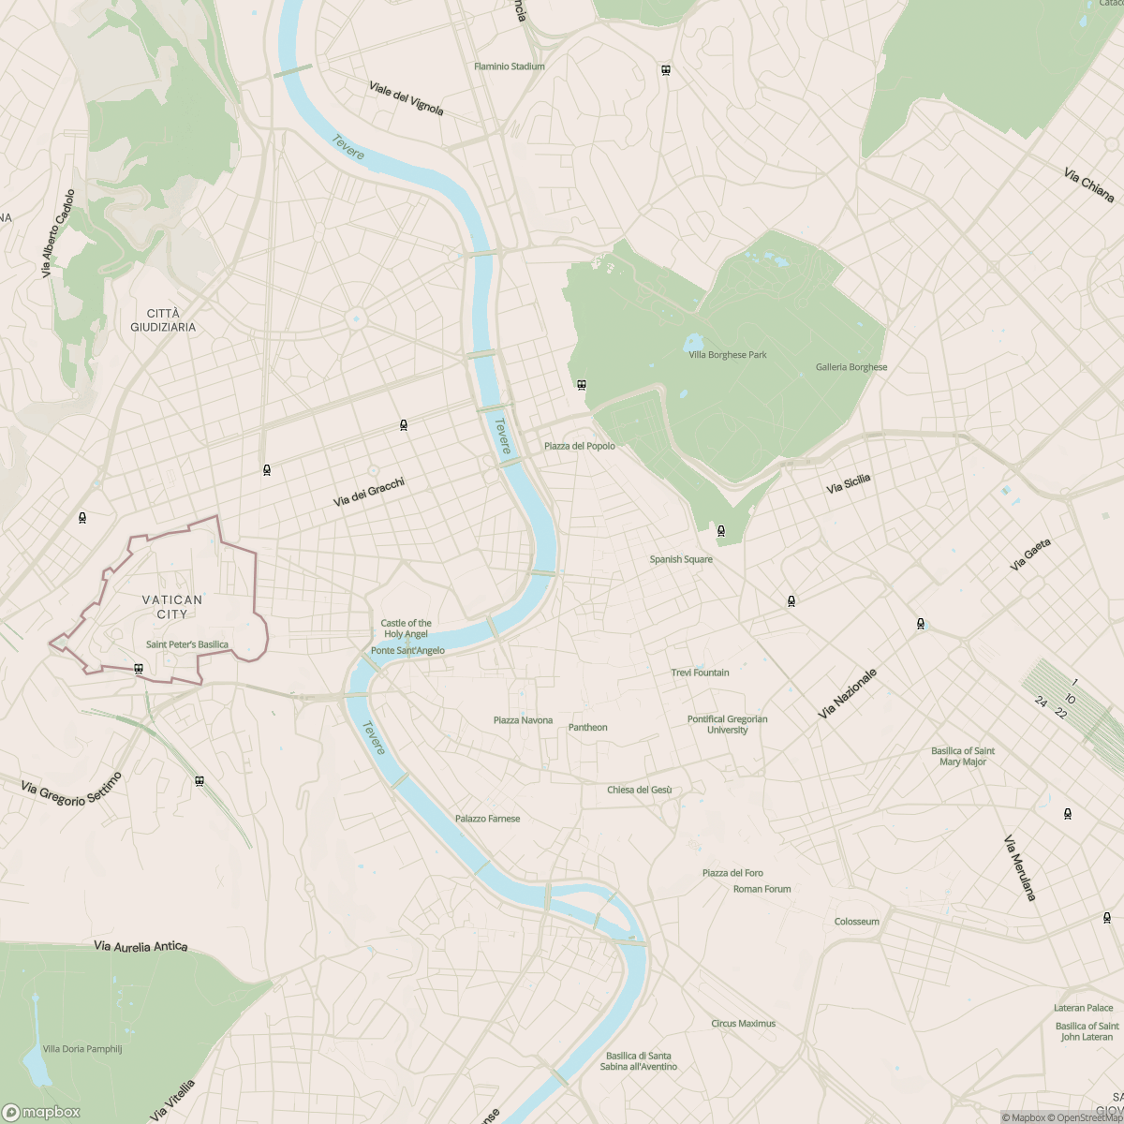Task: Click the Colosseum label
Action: coord(856,922)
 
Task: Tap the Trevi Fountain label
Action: coord(700,673)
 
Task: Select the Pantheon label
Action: coord(587,727)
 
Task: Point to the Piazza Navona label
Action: coord(523,720)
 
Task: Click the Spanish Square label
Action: coord(681,559)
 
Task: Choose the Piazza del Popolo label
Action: coord(580,446)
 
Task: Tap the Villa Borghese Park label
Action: coord(728,355)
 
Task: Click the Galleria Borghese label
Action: coord(850,367)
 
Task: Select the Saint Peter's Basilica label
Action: coord(186,644)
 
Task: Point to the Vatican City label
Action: coord(172,607)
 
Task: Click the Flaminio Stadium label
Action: coord(509,67)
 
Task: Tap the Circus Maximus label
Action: coord(743,1024)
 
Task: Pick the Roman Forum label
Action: coord(762,889)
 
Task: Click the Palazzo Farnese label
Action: coord(487,819)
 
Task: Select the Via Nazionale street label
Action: coord(848,694)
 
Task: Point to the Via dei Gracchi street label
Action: coord(369,493)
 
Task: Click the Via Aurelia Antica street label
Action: coord(140,947)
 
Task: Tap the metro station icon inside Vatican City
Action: coord(139,669)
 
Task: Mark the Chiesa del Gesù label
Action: coord(639,790)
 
